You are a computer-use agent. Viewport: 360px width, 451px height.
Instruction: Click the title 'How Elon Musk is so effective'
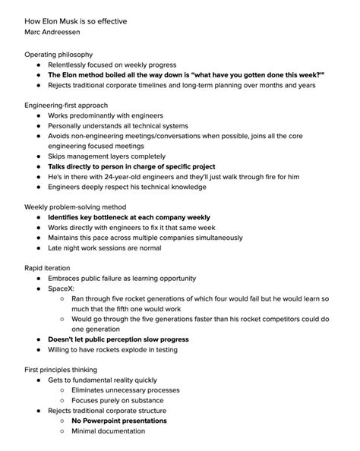pos(75,21)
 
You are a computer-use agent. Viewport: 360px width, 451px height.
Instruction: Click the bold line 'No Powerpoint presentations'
pos(119,420)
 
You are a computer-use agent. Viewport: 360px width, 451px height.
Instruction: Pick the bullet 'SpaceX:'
pos(63,289)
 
